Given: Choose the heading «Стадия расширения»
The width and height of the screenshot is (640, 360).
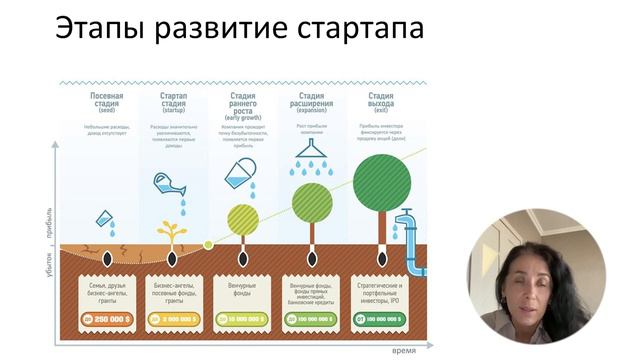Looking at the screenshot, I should coord(311,103).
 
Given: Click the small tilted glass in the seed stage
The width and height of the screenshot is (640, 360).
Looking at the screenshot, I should coord(103,220).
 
